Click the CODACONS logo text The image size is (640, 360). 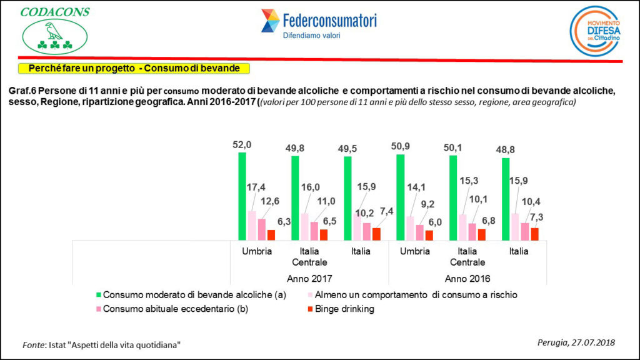click(55, 12)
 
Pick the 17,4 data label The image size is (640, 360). click(257, 187)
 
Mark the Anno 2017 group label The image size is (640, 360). click(309, 278)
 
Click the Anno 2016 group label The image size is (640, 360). click(467, 278)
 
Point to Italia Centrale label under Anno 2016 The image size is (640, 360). click(467, 257)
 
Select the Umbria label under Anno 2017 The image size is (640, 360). click(256, 251)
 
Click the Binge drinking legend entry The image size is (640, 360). click(344, 309)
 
